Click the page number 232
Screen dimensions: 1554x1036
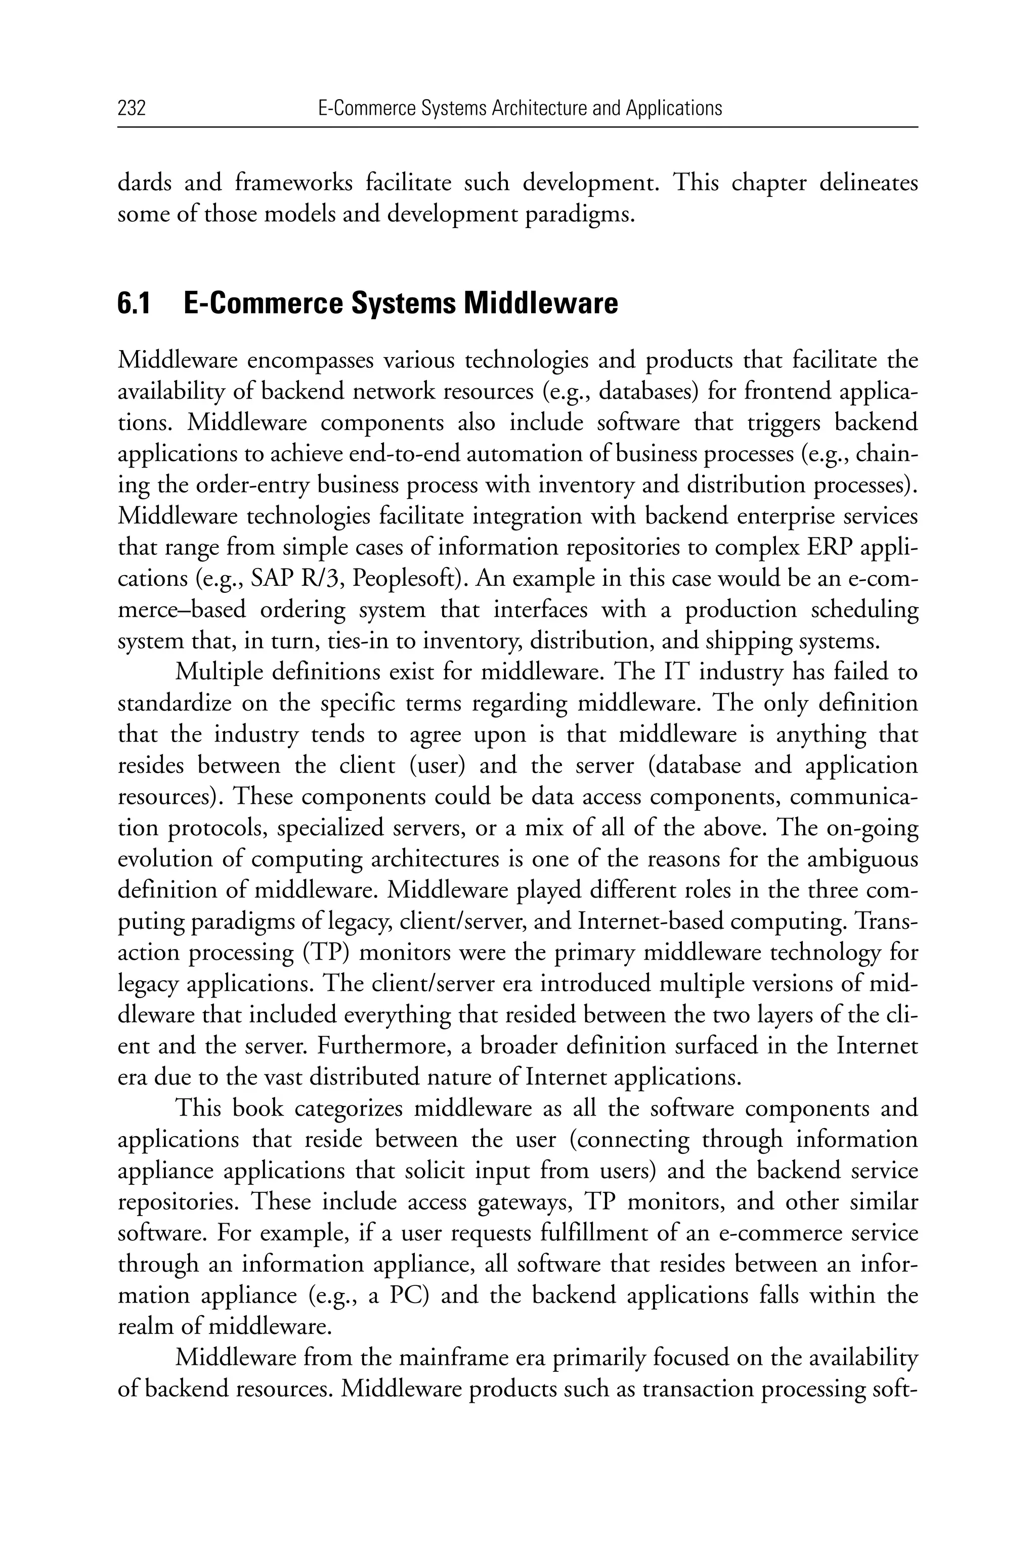[132, 108]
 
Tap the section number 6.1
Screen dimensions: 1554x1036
[134, 304]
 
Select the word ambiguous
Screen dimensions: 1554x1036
[863, 859]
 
